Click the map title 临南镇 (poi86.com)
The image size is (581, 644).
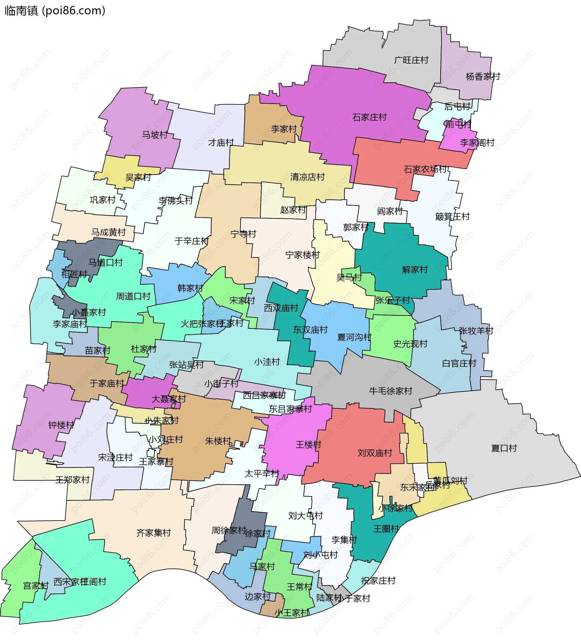pos(55,11)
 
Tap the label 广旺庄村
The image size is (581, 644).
pos(411,60)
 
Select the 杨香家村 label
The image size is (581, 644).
pos(483,77)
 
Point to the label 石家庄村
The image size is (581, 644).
pos(369,117)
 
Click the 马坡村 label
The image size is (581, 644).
pos(155,135)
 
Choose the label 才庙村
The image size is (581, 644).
pos(221,142)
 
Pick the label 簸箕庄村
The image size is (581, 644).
pos(452,217)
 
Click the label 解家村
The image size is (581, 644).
pos(415,270)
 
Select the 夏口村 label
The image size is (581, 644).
pos(504,448)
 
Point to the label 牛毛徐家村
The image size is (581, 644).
pos(390,391)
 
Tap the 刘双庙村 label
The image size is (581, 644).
pos(374,453)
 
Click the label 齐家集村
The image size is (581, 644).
pos(153,533)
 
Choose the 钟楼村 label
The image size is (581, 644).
pos(61,425)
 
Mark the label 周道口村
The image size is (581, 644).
pos(133,296)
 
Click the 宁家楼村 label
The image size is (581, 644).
pos(302,255)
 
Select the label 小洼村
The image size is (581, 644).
pos(267,362)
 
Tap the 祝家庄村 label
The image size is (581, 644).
pos(378,580)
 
